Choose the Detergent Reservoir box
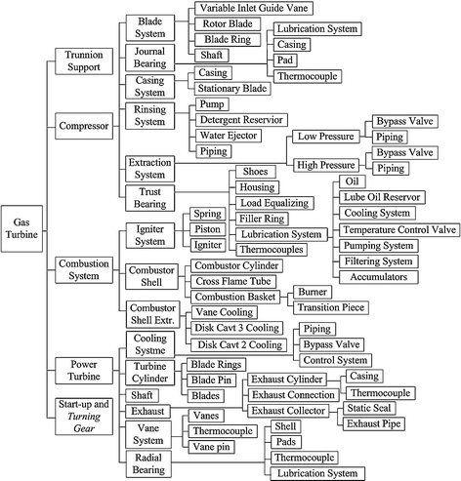[x=239, y=118]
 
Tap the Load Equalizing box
[x=278, y=203]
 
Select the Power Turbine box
[x=85, y=369]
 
